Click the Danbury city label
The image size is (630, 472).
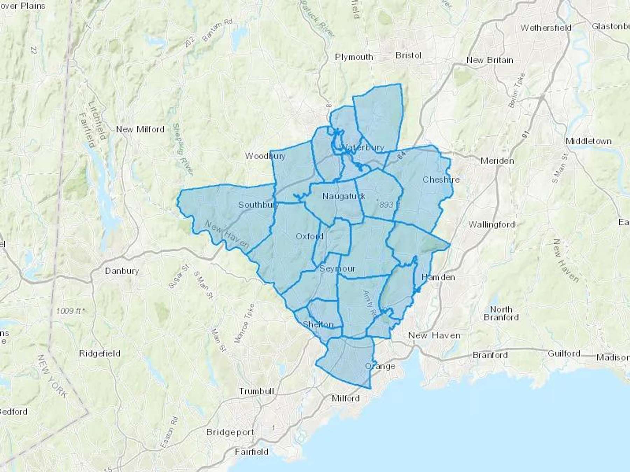point(122,271)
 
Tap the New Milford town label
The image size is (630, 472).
point(140,129)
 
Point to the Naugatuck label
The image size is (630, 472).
point(344,196)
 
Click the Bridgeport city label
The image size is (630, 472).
point(230,432)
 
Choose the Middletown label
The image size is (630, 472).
point(589,141)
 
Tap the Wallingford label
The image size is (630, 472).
point(492,224)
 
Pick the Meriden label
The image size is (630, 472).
point(497,161)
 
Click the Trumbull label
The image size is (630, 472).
point(256,391)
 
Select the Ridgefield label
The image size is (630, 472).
point(100,353)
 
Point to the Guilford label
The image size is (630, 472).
point(564,353)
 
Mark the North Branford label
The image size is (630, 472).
point(501,313)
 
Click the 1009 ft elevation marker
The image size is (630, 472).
point(70,311)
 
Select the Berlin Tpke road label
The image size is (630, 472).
point(517,90)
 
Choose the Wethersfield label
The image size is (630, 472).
point(546,28)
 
